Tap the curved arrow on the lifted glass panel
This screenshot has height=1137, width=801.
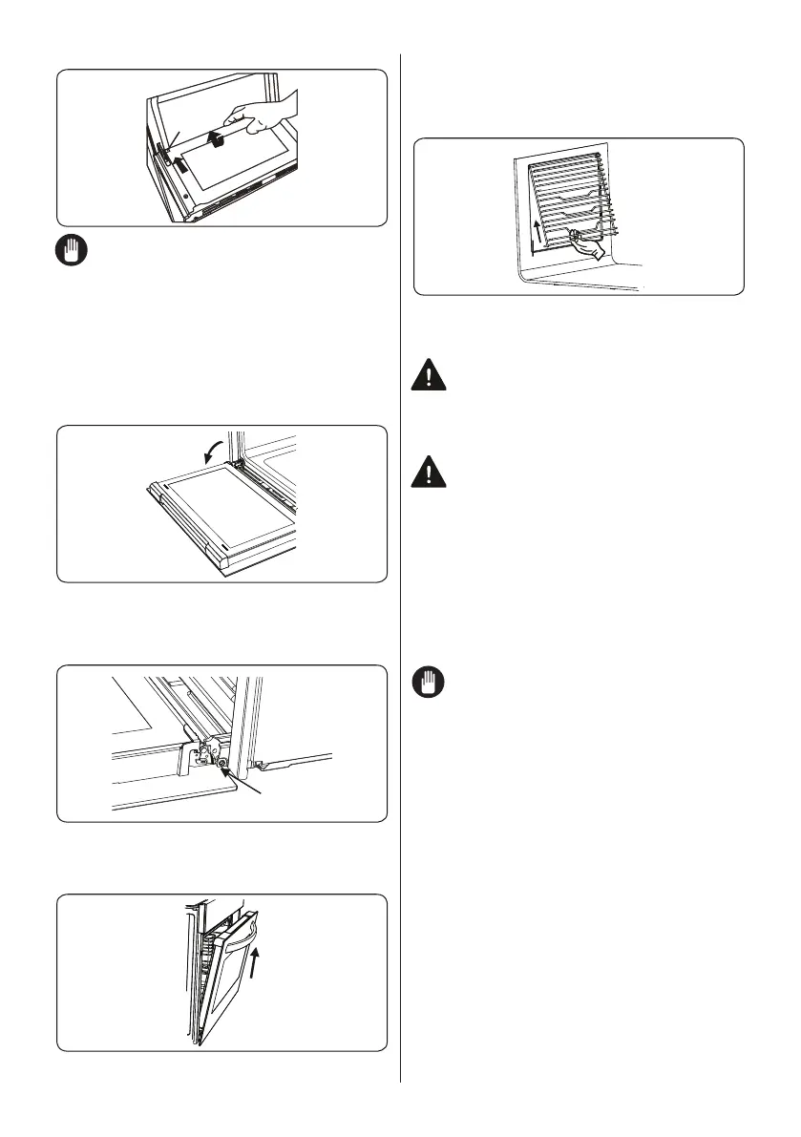pos(218,140)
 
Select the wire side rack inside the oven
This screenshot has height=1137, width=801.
pos(568,200)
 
